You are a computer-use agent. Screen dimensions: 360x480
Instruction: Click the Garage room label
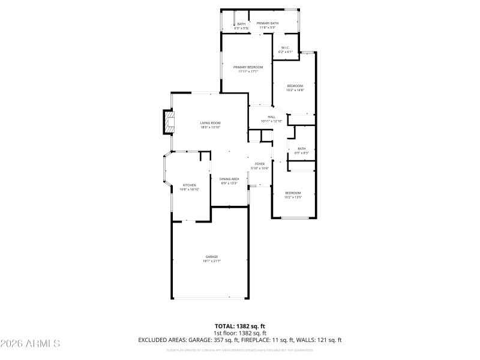pyautogui.click(x=212, y=257)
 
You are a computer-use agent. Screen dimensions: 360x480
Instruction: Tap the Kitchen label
pyautogui.click(x=190, y=185)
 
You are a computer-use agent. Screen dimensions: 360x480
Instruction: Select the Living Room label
pyautogui.click(x=211, y=123)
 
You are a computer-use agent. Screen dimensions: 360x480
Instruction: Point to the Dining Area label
pyautogui.click(x=229, y=179)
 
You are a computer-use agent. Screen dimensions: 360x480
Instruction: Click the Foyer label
pyautogui.click(x=260, y=163)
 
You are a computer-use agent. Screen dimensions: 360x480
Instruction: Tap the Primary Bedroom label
pyautogui.click(x=248, y=67)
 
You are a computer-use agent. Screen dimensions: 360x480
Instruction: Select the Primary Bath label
pyautogui.click(x=267, y=23)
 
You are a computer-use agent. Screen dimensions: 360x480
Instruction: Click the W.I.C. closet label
pyautogui.click(x=285, y=47)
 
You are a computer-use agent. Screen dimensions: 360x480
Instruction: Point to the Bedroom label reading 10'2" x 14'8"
pyautogui.click(x=295, y=86)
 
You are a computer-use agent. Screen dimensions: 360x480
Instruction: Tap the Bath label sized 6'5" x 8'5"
pyautogui.click(x=301, y=149)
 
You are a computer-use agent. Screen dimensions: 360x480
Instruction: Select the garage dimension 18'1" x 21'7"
pyautogui.click(x=212, y=261)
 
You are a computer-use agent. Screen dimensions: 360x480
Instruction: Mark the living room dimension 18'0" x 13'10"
pyautogui.click(x=211, y=127)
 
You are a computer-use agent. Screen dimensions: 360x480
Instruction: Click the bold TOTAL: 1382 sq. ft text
pyautogui.click(x=239, y=326)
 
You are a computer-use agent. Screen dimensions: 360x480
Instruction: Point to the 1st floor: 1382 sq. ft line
pyautogui.click(x=239, y=333)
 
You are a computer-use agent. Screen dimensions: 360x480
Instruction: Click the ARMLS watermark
pyautogui.click(x=30, y=344)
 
